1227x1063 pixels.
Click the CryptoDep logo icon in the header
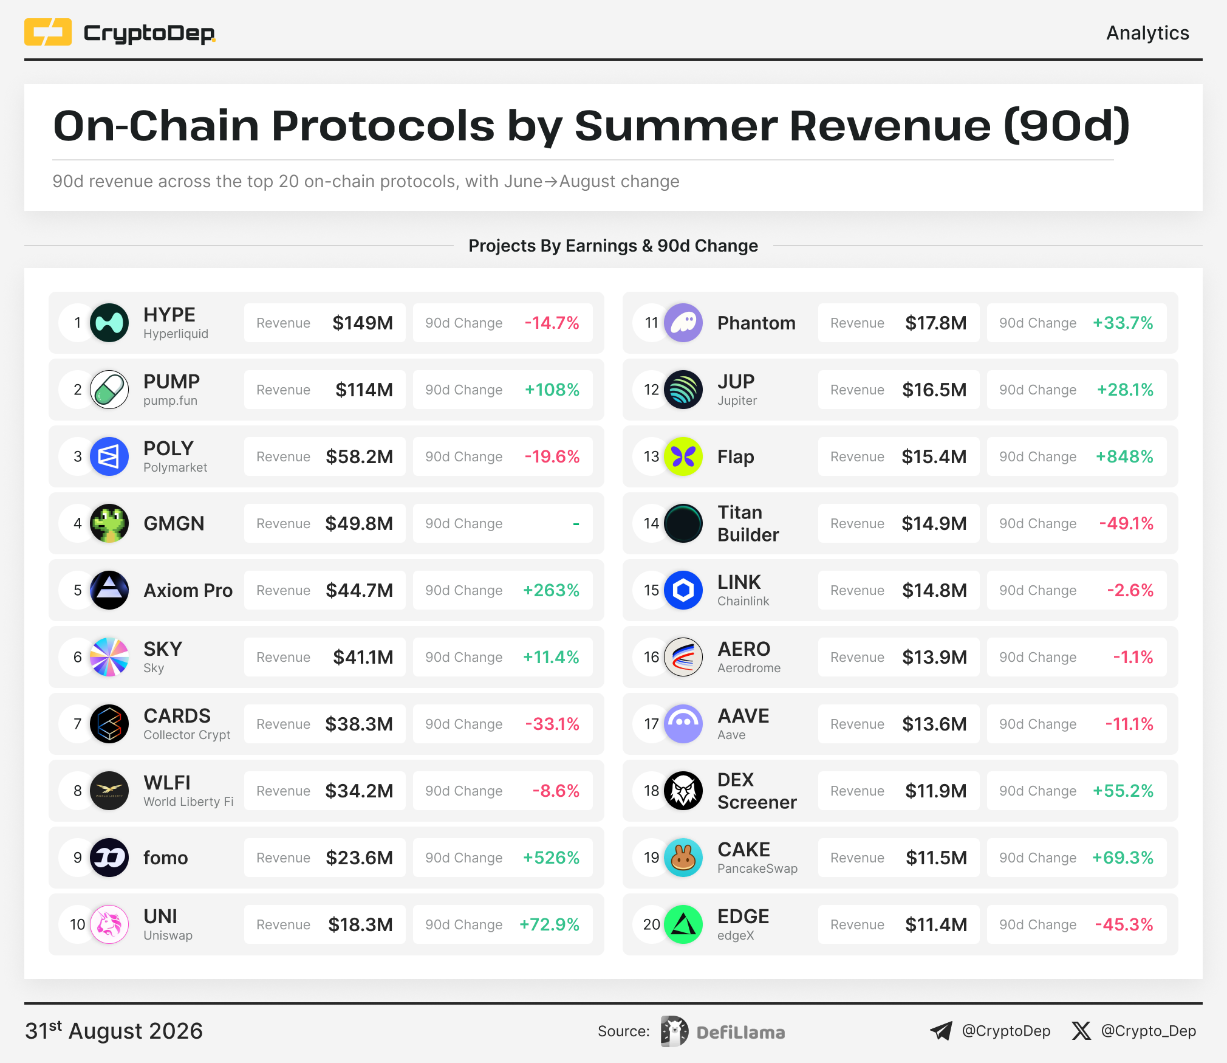click(48, 32)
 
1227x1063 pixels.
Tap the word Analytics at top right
click(1147, 33)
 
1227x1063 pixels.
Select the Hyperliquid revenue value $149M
click(363, 323)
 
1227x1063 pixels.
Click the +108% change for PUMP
click(552, 390)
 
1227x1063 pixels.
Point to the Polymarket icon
click(109, 456)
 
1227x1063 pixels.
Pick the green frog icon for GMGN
click(109, 523)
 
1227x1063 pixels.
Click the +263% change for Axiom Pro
click(552, 590)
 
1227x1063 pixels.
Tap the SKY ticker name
click(163, 649)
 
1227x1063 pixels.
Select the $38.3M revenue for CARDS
click(359, 724)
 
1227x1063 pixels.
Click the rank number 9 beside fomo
click(78, 858)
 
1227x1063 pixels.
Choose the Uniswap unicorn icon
click(109, 924)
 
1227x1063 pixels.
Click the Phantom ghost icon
click(683, 323)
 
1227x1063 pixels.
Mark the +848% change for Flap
click(1124, 456)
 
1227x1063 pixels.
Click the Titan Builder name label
click(748, 523)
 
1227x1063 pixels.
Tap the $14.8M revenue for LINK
click(934, 590)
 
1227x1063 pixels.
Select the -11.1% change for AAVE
click(1129, 724)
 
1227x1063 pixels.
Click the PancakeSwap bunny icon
click(683, 858)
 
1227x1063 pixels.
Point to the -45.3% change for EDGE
click(1124, 924)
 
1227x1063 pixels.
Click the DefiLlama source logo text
click(740, 1032)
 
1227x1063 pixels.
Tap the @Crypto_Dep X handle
click(1149, 1031)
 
